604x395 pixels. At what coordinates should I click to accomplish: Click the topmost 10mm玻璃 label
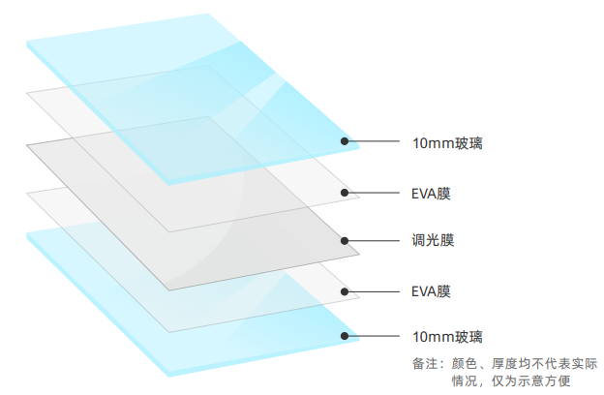tap(446, 143)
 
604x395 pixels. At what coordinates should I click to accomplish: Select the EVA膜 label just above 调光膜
tap(431, 194)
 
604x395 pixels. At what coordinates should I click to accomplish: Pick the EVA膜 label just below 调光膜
tap(431, 290)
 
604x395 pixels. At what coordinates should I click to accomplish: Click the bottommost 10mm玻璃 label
tap(446, 337)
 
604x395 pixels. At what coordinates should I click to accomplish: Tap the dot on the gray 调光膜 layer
tap(345, 239)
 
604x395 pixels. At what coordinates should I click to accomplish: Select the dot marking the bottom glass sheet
tap(345, 336)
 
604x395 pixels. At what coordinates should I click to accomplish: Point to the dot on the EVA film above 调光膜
tap(345, 193)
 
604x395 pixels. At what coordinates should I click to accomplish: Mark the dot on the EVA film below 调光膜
tap(345, 289)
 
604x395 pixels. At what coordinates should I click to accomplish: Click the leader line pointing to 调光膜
tap(373, 239)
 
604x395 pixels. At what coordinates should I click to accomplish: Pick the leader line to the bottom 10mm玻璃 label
tap(373, 336)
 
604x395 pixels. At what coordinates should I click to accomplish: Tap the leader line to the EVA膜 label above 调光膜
tap(373, 193)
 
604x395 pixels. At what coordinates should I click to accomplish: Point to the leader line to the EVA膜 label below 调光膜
tap(373, 289)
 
